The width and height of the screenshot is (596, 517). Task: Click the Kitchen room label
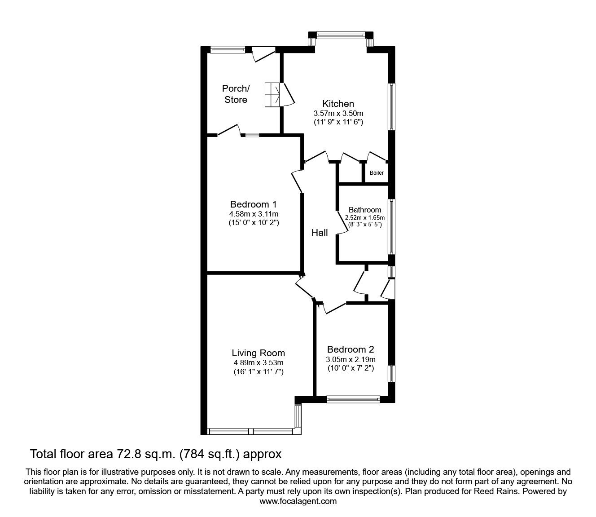click(x=338, y=104)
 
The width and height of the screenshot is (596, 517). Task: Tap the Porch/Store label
click(x=236, y=94)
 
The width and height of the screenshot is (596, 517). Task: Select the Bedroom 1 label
click(x=254, y=204)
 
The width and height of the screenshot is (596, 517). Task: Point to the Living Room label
click(x=258, y=353)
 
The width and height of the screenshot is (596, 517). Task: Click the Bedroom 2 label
click(x=351, y=349)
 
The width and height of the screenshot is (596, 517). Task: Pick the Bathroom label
click(x=365, y=210)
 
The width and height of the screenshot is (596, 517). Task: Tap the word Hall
click(x=320, y=233)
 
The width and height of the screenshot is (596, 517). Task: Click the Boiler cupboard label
click(x=377, y=173)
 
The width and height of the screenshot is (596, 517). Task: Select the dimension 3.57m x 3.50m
click(x=338, y=113)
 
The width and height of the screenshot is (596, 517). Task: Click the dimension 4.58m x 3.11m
click(x=254, y=214)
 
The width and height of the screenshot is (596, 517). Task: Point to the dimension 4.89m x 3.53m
click(x=258, y=362)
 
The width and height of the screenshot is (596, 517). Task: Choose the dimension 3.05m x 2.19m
click(x=351, y=359)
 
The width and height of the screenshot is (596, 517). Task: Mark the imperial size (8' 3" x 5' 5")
click(x=365, y=224)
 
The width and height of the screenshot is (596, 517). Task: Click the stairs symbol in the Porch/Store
click(x=272, y=95)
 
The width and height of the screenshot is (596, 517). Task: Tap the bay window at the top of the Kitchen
click(x=341, y=34)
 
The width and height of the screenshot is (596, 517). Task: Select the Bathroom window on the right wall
click(x=391, y=227)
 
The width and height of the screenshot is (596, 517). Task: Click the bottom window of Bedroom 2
click(x=353, y=398)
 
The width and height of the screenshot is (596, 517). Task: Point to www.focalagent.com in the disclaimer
click(x=298, y=501)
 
